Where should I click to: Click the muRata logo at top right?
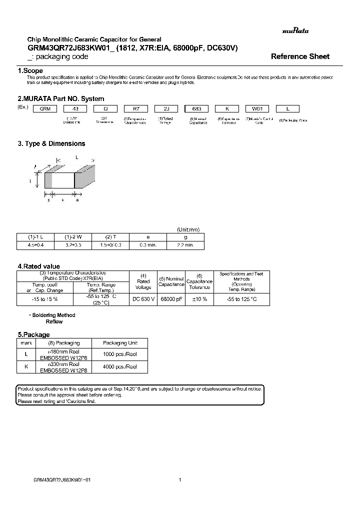click(295, 31)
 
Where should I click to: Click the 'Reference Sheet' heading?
click(300, 56)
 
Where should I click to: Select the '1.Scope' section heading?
click(30, 71)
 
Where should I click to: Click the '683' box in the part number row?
click(197, 108)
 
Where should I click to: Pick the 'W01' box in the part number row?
click(258, 108)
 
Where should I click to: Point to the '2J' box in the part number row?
click(166, 108)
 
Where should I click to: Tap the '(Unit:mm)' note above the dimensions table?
click(188, 229)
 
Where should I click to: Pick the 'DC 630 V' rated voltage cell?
click(143, 299)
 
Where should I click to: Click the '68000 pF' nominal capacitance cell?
click(171, 299)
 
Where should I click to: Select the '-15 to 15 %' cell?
click(44, 299)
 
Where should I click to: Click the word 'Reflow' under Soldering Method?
click(54, 322)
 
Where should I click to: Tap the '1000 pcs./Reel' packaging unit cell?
click(119, 354)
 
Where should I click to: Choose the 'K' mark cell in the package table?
click(26, 367)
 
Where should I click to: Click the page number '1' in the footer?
click(179, 479)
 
